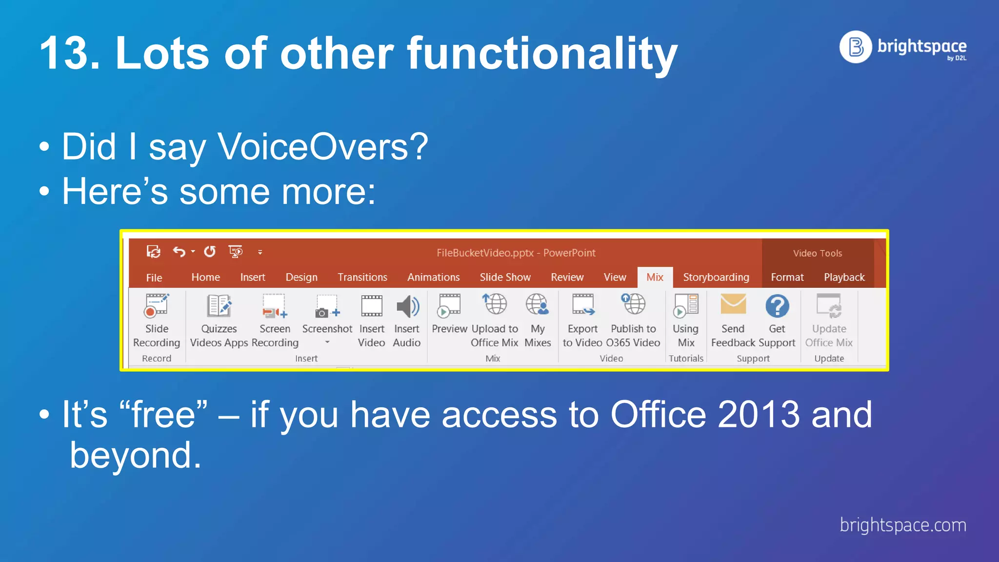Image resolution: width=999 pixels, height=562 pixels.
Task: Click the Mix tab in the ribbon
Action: click(655, 277)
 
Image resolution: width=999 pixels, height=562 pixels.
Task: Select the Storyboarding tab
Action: click(716, 277)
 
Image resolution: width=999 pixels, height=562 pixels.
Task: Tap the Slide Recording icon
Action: click(157, 306)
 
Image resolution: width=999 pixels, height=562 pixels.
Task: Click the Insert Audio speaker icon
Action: click(407, 306)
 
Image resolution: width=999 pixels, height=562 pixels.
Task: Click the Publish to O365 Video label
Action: click(633, 336)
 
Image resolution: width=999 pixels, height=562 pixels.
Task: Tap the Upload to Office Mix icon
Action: click(495, 304)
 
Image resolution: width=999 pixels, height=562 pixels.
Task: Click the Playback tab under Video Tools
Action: click(844, 277)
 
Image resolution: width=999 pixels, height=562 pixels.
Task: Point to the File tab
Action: click(154, 278)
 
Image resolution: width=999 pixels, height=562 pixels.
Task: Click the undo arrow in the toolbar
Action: click(179, 252)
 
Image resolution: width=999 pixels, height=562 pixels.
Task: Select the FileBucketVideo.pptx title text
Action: click(516, 253)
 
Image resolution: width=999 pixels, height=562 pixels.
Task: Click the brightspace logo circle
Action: click(856, 47)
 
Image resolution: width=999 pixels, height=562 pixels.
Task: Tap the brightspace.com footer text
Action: click(902, 525)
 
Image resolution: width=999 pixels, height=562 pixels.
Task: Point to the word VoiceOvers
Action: click(322, 146)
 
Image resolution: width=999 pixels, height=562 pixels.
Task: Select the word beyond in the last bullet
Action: click(135, 455)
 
